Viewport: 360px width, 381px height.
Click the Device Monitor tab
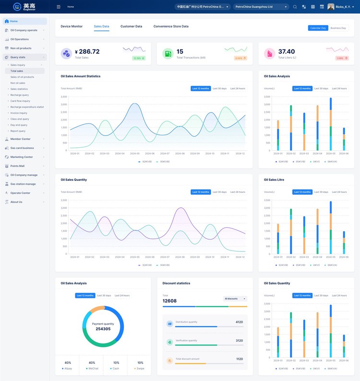coord(72,26)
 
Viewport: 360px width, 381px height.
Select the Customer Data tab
coord(131,26)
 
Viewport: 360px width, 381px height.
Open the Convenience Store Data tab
coord(171,26)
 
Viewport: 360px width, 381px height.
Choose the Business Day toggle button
coord(338,28)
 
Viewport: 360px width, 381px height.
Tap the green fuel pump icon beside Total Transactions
coord(168,54)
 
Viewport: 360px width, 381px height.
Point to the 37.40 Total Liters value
coord(287,51)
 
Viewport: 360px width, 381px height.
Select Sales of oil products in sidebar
coord(22,77)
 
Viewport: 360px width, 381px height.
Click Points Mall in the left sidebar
coord(17,166)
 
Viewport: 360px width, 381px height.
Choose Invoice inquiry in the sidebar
coord(19,113)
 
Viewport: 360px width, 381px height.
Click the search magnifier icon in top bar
coord(295,7)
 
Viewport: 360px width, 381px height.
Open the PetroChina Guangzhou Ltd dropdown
coord(261,7)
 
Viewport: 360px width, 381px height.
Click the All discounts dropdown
coord(235,298)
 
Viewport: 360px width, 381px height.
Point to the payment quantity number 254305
coord(103,329)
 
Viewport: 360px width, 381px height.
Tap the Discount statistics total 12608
coord(170,301)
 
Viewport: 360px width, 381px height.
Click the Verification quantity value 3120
coord(239,340)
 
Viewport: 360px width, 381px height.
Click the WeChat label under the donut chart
coord(93,369)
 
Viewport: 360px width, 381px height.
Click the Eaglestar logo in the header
coord(24,7)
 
